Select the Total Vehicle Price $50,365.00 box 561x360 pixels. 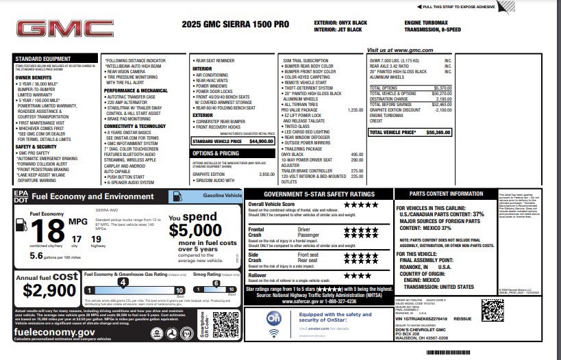click(410, 131)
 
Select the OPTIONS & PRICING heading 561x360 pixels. click(216, 153)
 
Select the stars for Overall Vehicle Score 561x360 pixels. click(360, 205)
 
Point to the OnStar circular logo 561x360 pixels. click(273, 319)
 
